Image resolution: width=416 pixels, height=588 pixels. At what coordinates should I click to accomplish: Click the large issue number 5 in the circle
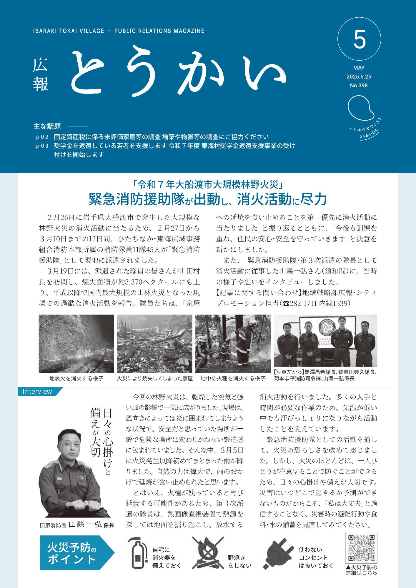[x=359, y=41]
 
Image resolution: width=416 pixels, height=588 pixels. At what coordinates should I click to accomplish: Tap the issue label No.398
[x=359, y=86]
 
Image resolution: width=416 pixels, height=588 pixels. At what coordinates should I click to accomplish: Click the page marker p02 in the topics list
[x=41, y=137]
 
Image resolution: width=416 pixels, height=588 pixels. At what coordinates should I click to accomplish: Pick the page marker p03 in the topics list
[x=41, y=146]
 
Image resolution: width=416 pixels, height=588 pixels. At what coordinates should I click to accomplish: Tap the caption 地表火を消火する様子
[x=76, y=378]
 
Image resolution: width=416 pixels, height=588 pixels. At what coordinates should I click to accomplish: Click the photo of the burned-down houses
[x=154, y=344]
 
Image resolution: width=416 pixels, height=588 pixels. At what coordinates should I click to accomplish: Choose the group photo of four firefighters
[x=325, y=340]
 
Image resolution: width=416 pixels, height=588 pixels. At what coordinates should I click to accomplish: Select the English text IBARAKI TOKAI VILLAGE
[x=69, y=31]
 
